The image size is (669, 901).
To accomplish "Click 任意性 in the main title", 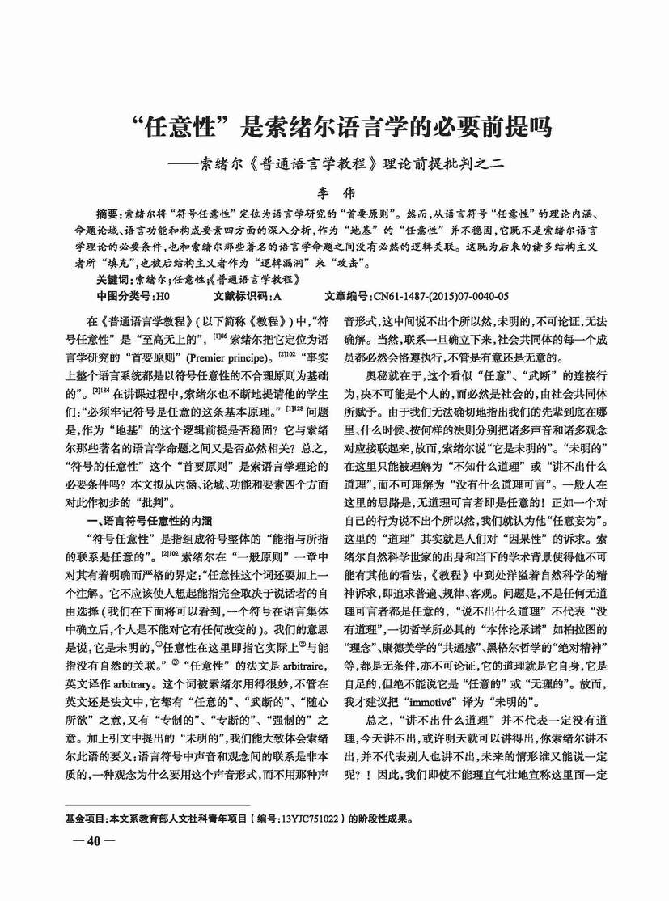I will point(178,127).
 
